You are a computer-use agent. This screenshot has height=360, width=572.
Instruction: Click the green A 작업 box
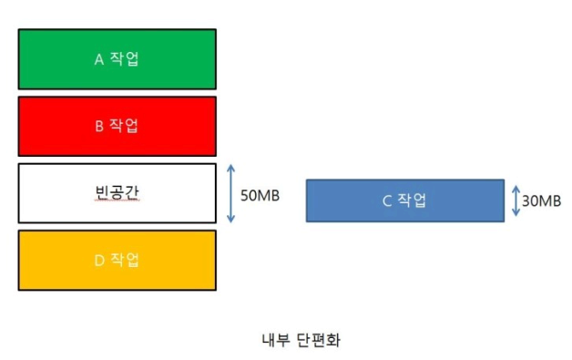point(117,59)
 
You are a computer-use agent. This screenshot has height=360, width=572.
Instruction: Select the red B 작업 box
point(117,127)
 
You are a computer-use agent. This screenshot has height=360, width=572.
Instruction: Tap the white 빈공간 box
point(117,193)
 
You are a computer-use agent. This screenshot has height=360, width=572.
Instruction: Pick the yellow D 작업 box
point(117,261)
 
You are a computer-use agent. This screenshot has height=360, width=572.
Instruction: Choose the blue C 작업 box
point(405,201)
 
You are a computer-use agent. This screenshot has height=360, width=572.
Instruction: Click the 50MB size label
point(260,196)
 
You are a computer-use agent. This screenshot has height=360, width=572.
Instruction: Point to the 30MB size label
point(541,201)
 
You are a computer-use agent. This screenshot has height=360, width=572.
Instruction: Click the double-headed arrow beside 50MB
point(230,193)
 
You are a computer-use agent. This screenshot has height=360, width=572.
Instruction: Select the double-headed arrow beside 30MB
point(516,201)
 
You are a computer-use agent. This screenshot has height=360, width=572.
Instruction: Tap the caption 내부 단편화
point(301,340)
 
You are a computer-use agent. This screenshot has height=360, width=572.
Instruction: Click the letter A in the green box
point(99,59)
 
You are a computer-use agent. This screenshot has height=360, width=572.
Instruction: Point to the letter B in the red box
point(99,127)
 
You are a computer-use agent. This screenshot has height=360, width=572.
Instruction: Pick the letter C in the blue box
point(387,201)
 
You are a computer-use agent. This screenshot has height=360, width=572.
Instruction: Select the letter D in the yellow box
point(99,261)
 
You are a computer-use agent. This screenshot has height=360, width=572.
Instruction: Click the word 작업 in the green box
point(125,58)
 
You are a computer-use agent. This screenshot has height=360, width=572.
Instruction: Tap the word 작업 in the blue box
point(412,201)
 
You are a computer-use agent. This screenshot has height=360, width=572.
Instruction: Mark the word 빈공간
point(117,192)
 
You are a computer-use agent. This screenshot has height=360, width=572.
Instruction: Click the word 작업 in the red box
point(124,126)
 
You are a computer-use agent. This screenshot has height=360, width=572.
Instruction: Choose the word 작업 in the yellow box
point(125,260)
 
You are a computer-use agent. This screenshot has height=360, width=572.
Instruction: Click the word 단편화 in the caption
point(319,340)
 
